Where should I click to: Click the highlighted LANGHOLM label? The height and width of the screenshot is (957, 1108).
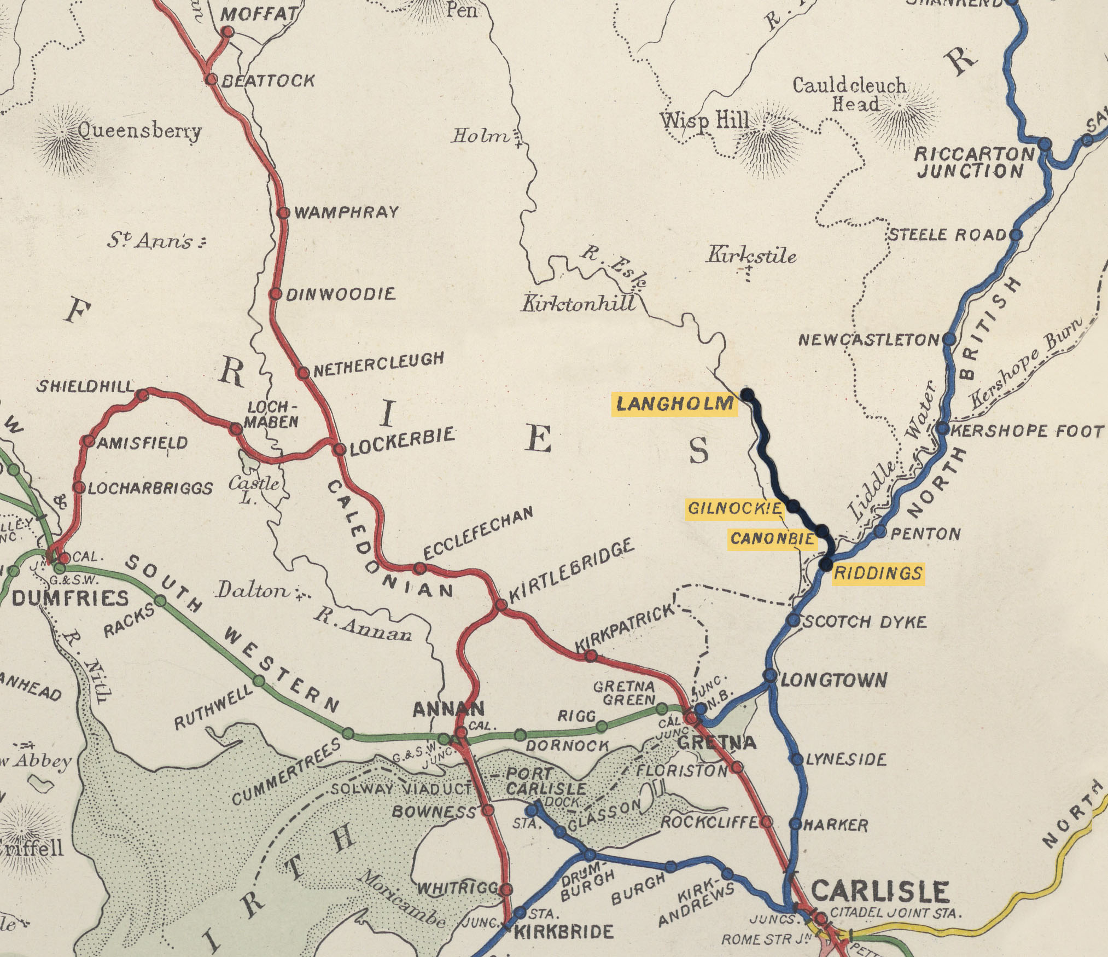pos(675,404)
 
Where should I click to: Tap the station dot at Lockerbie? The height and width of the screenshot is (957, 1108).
pos(340,449)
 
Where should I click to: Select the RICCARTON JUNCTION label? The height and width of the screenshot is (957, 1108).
pos(974,163)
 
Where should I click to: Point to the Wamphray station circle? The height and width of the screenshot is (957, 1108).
pos(283,213)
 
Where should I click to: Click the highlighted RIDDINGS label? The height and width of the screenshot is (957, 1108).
pos(878,573)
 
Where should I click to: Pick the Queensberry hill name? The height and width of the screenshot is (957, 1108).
pos(139,131)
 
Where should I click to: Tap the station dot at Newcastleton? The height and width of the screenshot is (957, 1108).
pos(949,339)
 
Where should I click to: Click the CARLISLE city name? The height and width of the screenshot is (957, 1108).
pos(880,891)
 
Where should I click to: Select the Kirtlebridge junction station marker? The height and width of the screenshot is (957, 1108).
pos(501,605)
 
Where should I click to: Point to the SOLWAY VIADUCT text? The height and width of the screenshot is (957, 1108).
pos(402,789)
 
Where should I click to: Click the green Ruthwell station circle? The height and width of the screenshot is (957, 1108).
pos(259,682)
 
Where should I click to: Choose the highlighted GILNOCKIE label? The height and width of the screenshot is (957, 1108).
pos(734,508)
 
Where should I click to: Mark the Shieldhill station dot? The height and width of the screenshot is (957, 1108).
pos(142,395)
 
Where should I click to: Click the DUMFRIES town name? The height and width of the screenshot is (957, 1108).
pos(70,598)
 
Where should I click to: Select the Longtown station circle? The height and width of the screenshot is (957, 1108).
pos(769,675)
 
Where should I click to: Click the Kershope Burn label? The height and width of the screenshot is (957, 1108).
pos(1027,363)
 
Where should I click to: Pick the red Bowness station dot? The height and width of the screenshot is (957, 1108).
pos(488,810)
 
